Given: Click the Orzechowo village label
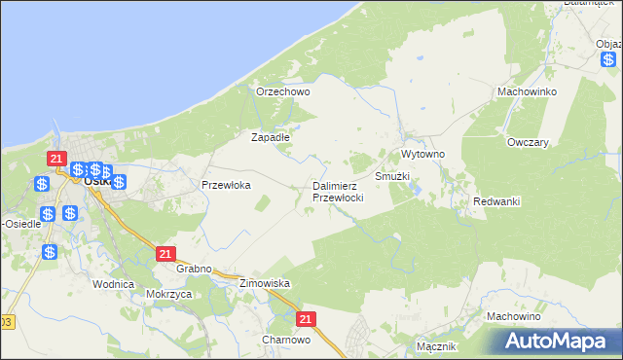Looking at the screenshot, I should coord(282,91).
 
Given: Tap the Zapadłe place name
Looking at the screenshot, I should coord(271,137).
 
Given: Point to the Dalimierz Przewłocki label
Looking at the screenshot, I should coord(338,191).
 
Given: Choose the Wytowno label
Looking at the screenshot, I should coord(422,155).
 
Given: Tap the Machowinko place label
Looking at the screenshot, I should coord(526,90).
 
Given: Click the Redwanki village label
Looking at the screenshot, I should coord(496,200).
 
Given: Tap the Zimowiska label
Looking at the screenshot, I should coord(265,283).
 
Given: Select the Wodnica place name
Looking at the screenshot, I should coord(112,284).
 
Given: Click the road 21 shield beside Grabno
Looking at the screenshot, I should coord(165,253).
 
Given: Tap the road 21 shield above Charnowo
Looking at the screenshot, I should coord(306,318).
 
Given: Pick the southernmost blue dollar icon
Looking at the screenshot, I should coord(50,252).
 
